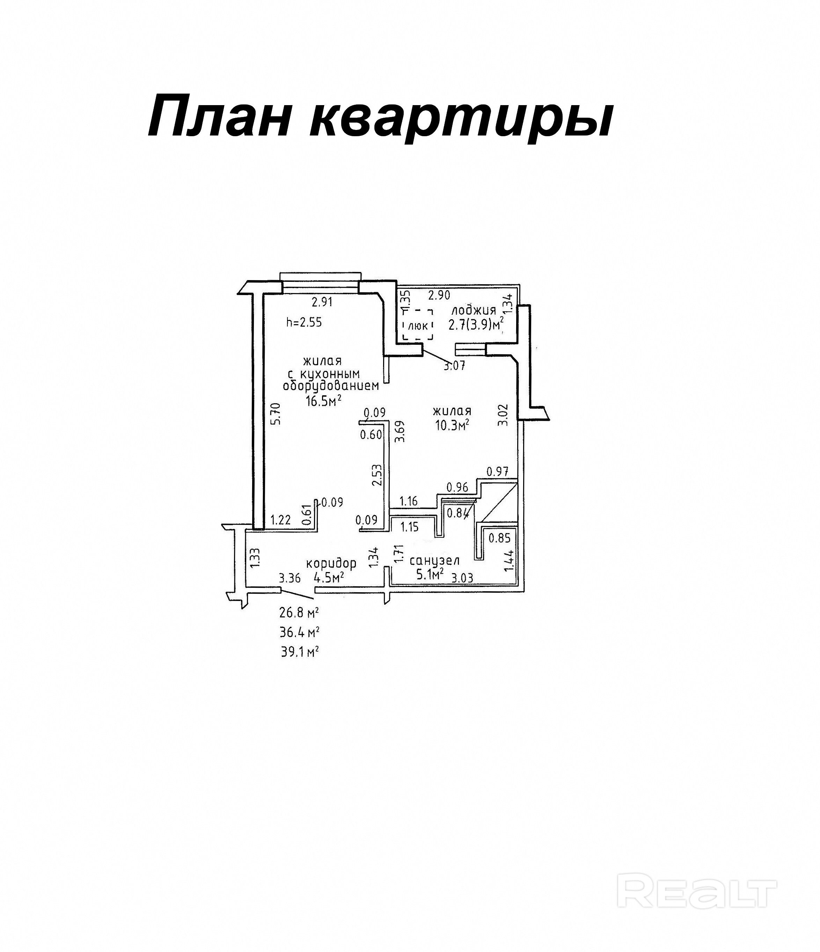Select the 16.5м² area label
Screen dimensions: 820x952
point(323,401)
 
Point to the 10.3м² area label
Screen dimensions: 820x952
point(452,425)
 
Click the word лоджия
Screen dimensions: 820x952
point(473,310)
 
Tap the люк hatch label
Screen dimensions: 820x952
point(418,326)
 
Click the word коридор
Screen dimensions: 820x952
point(331,563)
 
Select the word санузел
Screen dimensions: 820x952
point(434,561)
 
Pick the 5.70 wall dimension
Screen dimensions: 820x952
point(275,413)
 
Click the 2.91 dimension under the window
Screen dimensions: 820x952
point(322,302)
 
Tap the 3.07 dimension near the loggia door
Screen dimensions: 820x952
point(454,366)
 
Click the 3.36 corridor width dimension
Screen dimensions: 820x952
point(290,578)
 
